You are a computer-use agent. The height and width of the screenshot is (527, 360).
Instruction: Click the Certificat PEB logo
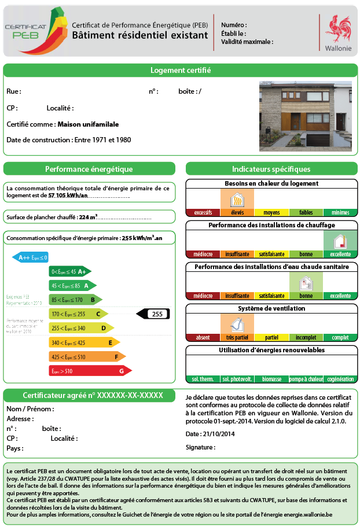click(x=34, y=30)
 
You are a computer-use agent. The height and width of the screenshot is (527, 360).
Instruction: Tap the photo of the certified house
click(x=305, y=116)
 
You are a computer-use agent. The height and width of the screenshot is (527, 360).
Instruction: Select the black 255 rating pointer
click(x=153, y=314)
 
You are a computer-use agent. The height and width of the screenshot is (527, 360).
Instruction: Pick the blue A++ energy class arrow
click(x=30, y=257)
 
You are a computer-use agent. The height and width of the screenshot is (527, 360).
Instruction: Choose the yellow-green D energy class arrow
click(x=81, y=328)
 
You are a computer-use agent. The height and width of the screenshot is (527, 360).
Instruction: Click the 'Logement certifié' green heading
click(x=180, y=71)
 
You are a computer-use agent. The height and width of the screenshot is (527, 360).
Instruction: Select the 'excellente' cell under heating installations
click(x=340, y=254)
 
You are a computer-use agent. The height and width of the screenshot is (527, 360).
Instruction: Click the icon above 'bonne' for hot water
click(x=306, y=283)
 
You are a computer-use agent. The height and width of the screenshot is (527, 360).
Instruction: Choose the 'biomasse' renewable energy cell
click(x=271, y=379)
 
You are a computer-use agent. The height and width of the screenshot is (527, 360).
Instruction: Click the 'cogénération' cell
click(x=340, y=379)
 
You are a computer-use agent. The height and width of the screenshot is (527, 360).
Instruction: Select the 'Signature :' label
click(x=200, y=447)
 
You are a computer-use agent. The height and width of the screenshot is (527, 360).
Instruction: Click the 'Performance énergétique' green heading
click(x=89, y=169)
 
